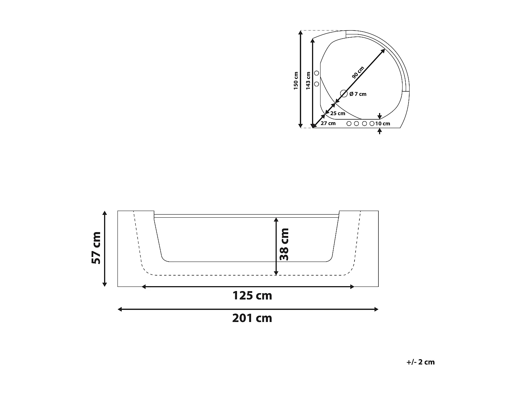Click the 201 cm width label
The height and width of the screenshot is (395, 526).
click(x=252, y=318)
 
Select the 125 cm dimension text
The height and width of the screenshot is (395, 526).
click(x=252, y=296)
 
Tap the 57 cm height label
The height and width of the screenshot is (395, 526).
click(x=96, y=248)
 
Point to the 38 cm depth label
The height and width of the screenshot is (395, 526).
click(x=284, y=244)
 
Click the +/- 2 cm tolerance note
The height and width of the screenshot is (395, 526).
click(x=420, y=362)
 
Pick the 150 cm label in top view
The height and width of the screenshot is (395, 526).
click(x=296, y=80)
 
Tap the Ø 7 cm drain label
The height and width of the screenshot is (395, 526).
click(x=358, y=94)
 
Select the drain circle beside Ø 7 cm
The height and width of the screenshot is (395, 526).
click(x=344, y=94)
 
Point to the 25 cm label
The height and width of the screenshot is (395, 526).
click(x=338, y=113)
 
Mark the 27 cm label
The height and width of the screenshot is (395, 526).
click(x=328, y=123)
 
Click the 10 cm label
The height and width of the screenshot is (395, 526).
click(x=383, y=124)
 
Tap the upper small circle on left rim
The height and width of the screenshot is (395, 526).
click(x=316, y=73)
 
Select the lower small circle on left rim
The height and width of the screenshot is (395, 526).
click(x=316, y=84)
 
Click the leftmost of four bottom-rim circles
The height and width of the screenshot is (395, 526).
click(x=349, y=124)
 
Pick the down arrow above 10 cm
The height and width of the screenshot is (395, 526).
click(x=380, y=117)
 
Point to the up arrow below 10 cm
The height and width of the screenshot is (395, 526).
click(x=380, y=131)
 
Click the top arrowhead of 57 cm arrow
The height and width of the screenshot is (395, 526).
click(x=104, y=213)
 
